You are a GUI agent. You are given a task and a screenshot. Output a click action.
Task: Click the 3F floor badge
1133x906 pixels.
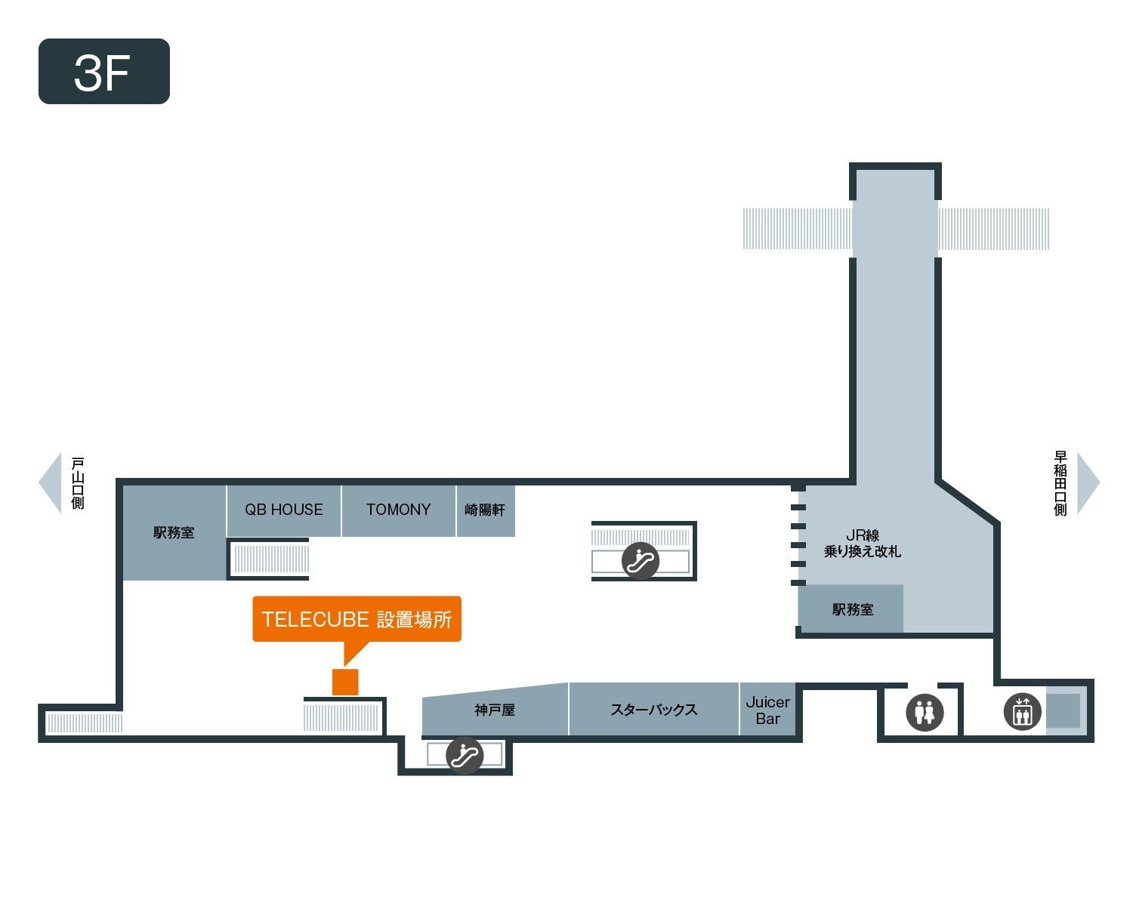coord(103,72)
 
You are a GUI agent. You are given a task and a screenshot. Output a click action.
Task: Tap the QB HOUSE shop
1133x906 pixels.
coord(283,510)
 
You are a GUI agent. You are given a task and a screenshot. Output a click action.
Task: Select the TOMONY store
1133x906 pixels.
coord(398,510)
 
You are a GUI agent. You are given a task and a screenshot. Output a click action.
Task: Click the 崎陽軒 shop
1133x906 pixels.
coord(485,510)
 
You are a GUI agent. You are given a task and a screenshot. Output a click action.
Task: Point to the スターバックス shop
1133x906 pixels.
coord(653,710)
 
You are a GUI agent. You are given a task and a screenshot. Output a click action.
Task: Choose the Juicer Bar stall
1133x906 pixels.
coord(767,710)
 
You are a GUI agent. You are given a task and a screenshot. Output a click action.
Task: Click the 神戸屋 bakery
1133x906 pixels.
coord(495,710)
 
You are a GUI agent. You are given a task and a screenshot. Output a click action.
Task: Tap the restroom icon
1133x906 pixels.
coord(925,712)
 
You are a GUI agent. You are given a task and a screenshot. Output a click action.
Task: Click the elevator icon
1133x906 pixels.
coord(1022,711)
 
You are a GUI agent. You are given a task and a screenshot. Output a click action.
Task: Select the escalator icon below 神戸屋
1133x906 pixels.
coord(465,755)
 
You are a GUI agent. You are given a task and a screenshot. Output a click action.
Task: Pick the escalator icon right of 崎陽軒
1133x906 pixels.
coord(640,561)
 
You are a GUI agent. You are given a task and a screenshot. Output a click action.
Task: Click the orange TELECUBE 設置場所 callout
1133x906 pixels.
coord(357,620)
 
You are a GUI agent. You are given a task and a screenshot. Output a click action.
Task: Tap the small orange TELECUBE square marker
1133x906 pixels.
coord(345,682)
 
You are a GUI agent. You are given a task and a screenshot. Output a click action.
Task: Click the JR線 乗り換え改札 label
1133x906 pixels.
coord(862,544)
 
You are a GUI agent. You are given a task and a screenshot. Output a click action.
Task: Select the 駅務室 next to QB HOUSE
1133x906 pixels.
coord(174,533)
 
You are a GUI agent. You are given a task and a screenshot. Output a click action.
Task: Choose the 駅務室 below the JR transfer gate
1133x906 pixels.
coord(852,609)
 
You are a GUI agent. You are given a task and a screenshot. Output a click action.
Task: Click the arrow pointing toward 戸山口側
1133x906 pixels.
coord(51,483)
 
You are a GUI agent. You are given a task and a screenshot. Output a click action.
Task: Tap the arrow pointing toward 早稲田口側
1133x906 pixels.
coord(1088,483)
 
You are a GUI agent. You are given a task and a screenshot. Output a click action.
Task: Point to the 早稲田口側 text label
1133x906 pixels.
coord(1060,483)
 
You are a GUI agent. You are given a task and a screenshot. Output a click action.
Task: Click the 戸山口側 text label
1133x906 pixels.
coord(78,483)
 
